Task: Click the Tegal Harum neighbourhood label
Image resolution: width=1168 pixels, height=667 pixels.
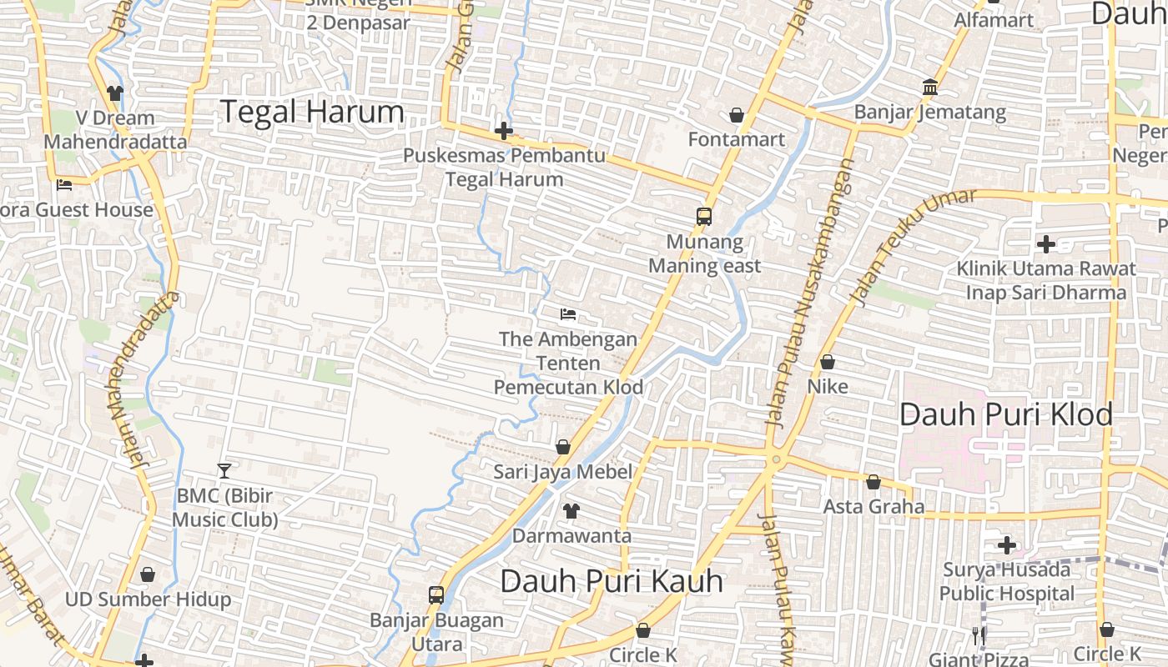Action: [311, 112]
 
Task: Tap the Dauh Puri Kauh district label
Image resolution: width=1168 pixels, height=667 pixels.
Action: [612, 581]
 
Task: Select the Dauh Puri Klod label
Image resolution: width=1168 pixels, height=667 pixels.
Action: [1005, 414]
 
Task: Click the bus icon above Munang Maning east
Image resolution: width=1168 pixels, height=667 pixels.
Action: [704, 217]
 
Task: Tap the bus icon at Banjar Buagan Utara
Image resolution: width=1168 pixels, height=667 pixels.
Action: [436, 594]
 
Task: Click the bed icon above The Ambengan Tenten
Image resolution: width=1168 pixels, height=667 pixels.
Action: [568, 314]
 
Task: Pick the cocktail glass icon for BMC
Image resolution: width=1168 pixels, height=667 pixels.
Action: [224, 470]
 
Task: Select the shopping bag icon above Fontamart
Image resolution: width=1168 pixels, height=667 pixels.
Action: [737, 114]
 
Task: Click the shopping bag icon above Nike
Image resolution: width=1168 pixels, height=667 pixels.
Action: [828, 362]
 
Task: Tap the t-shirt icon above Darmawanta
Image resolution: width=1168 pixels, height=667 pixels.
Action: [571, 510]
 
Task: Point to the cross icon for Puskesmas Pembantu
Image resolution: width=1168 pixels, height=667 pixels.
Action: [504, 131]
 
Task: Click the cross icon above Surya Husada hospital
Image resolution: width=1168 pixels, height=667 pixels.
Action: [1007, 545]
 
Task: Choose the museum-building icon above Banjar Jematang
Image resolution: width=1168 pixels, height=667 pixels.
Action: [930, 87]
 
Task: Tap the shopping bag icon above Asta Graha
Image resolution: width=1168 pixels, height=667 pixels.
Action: [873, 482]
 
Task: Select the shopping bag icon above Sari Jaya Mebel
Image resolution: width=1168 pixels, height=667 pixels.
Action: [563, 447]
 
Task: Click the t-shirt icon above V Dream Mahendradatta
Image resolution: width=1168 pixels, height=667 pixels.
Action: [115, 93]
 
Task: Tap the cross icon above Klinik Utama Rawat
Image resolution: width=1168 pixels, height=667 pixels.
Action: [1045, 244]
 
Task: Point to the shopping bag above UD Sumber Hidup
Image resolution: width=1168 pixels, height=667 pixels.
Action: [148, 574]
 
